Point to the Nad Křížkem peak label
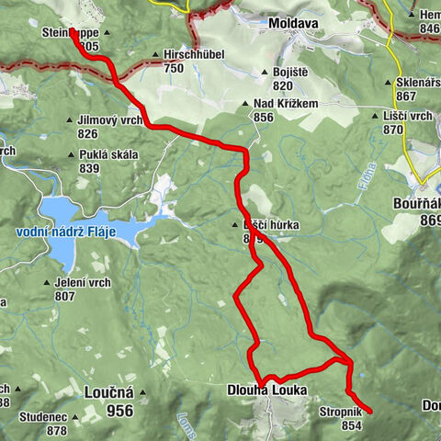(287, 104)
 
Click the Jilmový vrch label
(109, 120)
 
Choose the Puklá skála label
(108, 154)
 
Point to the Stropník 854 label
(342, 418)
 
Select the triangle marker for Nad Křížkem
(246, 104)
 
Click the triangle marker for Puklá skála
(72, 154)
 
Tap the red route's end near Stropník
(368, 411)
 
